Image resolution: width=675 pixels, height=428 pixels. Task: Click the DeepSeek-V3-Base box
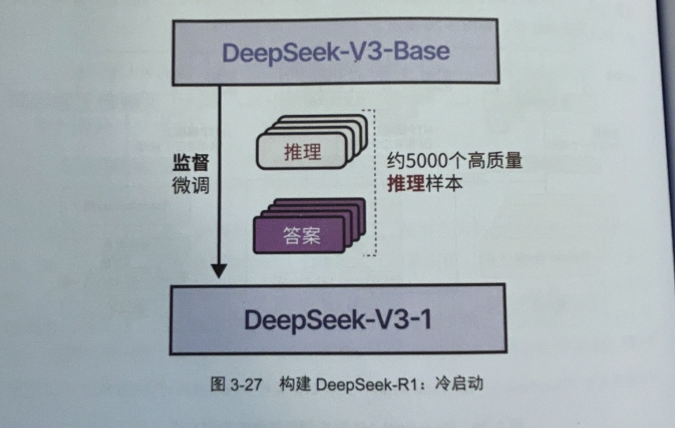point(335,52)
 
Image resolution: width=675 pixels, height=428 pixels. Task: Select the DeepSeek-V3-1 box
point(337,319)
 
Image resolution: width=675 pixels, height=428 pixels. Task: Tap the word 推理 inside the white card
point(302,152)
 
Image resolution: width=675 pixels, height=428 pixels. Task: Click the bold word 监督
point(190,164)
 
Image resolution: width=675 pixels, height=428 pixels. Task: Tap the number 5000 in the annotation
point(419,162)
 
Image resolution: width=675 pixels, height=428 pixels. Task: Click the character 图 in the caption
point(217,384)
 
